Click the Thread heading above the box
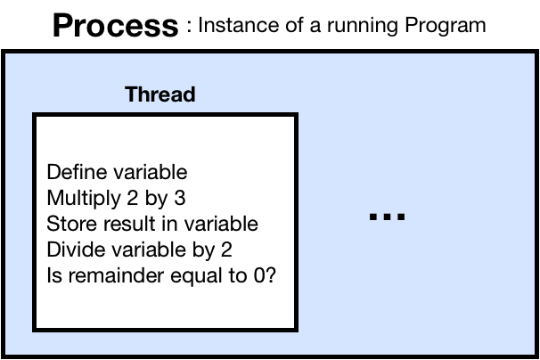[x=160, y=94]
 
